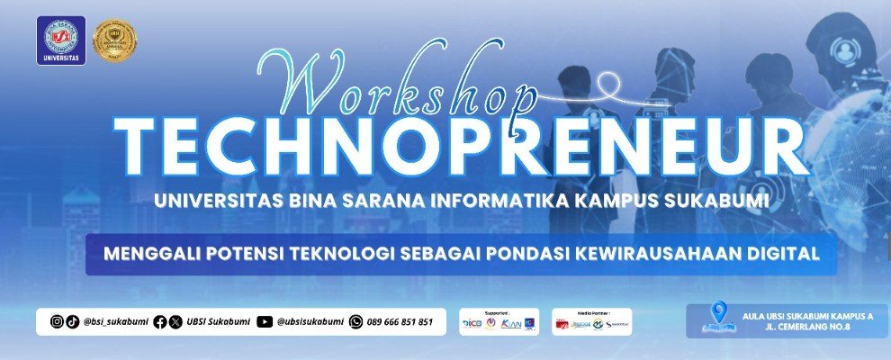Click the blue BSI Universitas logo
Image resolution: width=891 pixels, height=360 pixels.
click(61, 40)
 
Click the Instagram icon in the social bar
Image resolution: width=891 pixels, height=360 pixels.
click(57, 321)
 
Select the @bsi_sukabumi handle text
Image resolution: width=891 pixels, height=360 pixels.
click(114, 321)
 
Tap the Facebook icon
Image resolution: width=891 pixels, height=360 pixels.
click(160, 321)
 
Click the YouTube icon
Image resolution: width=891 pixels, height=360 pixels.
click(264, 321)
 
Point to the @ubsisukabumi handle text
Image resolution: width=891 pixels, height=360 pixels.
click(310, 321)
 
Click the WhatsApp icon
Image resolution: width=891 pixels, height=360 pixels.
click(356, 321)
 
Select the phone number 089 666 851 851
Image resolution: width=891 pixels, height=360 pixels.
click(400, 321)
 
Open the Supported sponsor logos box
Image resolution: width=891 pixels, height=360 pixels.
click(499, 321)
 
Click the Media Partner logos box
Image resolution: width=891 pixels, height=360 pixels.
click(590, 321)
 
